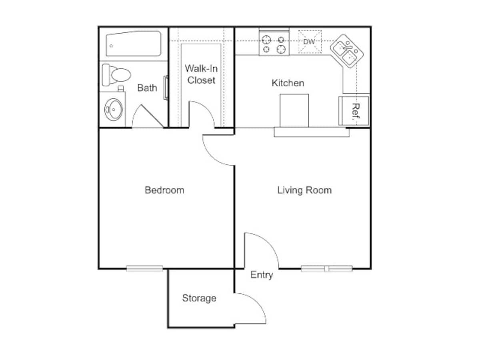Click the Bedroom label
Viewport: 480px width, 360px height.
pyautogui.click(x=164, y=190)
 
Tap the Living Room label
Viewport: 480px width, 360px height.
pyautogui.click(x=304, y=190)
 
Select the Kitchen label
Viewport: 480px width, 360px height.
pyautogui.click(x=288, y=83)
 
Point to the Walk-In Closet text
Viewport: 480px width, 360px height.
pyautogui.click(x=201, y=74)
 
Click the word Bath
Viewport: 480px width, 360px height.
pyautogui.click(x=147, y=88)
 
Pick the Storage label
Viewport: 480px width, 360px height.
pyautogui.click(x=199, y=298)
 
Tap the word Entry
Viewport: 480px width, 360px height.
pyautogui.click(x=262, y=275)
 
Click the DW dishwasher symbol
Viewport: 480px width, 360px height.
pyautogui.click(x=310, y=42)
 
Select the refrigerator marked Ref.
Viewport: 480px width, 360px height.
pyautogui.click(x=354, y=111)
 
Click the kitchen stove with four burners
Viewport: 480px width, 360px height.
pyautogui.click(x=274, y=42)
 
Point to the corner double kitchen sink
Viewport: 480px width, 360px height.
pyautogui.click(x=347, y=51)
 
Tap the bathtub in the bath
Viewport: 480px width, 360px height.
pyautogui.click(x=133, y=44)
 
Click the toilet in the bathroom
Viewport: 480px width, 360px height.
pyautogui.click(x=116, y=75)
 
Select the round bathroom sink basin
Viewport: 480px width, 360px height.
pyautogui.click(x=113, y=109)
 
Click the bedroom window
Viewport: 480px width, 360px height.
pyautogui.click(x=144, y=268)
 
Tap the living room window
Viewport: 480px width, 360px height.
pyautogui.click(x=326, y=268)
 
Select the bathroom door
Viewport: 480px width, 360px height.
pyautogui.click(x=148, y=116)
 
